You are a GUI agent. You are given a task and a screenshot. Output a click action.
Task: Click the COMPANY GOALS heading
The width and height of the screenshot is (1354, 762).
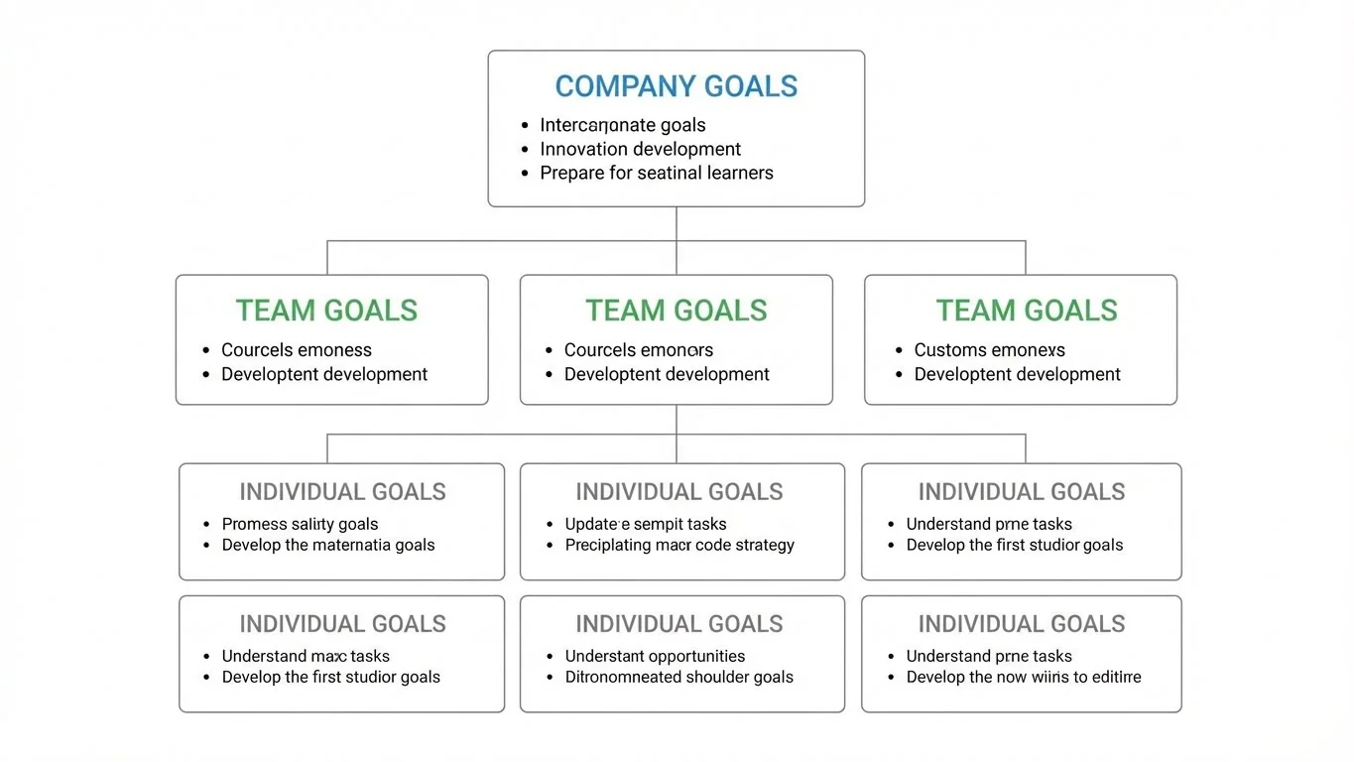point(676,86)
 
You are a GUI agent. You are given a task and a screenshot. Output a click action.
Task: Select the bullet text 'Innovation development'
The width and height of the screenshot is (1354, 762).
point(640,149)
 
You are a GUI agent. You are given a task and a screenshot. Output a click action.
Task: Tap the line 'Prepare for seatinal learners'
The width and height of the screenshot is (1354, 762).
point(656,173)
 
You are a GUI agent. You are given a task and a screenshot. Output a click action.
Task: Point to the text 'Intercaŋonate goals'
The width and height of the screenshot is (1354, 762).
point(622,125)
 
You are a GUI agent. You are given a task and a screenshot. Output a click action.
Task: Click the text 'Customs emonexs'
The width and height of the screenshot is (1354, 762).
point(989,349)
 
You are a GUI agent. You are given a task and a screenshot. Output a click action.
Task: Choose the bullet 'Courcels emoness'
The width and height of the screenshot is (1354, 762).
point(296,349)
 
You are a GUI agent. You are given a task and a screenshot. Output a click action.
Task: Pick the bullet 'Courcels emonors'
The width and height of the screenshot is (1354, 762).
point(638,349)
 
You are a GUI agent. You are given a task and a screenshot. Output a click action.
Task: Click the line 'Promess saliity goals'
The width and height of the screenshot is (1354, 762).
point(300,524)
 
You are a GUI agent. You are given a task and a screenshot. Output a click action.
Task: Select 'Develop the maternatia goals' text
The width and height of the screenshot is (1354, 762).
point(327,545)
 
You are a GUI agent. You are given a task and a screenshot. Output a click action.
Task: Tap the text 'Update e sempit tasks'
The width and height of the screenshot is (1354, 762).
point(645,524)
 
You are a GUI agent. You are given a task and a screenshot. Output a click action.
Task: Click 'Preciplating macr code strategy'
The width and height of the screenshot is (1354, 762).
point(679,545)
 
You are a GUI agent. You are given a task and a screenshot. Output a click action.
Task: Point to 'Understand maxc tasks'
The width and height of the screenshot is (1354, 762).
point(306,656)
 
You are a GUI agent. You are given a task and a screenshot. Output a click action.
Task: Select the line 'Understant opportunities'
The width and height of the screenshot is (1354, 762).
point(655,656)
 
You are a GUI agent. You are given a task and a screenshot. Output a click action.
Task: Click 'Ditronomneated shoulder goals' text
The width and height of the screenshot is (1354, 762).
point(678,677)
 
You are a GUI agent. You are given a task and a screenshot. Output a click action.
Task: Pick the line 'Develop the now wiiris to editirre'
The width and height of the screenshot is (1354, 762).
point(1023,677)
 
